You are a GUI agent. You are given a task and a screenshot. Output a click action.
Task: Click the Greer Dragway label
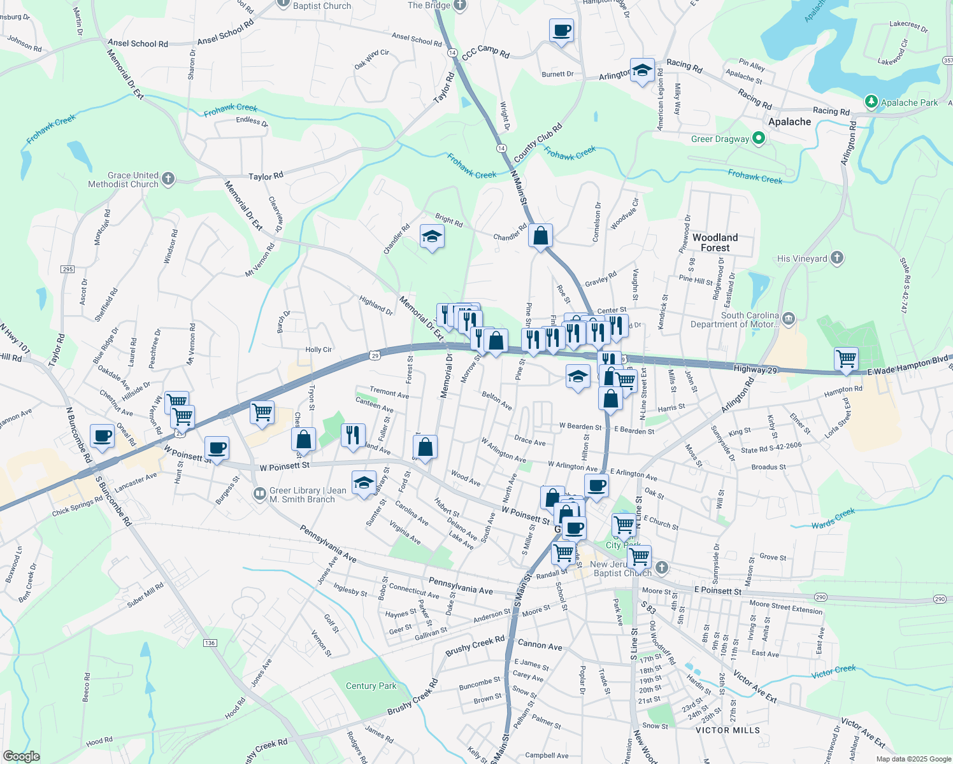(x=720, y=139)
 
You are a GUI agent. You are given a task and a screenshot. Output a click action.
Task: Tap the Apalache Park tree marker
(x=871, y=102)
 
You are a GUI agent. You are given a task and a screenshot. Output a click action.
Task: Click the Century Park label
(x=371, y=686)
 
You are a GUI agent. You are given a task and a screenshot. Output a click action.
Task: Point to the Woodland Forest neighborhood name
(x=715, y=243)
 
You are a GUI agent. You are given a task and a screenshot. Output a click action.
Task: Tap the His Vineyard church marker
(x=837, y=258)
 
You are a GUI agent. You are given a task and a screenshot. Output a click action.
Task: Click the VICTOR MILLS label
(x=727, y=730)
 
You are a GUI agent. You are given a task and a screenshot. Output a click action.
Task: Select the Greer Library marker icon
(x=259, y=493)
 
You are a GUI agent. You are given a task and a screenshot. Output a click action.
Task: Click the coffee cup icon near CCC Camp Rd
(x=561, y=31)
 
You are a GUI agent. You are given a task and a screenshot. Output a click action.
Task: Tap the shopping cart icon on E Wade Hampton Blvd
(x=846, y=359)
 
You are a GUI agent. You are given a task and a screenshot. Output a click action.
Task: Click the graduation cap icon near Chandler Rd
(x=432, y=237)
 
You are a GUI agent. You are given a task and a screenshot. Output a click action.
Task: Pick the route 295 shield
(x=68, y=269)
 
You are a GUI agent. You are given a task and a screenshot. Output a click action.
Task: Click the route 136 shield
(x=210, y=643)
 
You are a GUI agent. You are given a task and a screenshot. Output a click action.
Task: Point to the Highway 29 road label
(x=756, y=369)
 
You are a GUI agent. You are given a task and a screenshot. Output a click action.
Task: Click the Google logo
(x=21, y=756)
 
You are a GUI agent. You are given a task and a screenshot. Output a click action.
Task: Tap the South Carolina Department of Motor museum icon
(x=789, y=318)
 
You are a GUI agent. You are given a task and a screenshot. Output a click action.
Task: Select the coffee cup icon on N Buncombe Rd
(x=102, y=437)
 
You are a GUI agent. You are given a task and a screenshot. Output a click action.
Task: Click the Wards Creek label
(x=833, y=520)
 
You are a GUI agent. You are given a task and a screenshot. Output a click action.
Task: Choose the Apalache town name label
(x=789, y=122)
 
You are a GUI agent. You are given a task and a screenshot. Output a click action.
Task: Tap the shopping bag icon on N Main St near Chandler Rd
(x=540, y=236)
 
